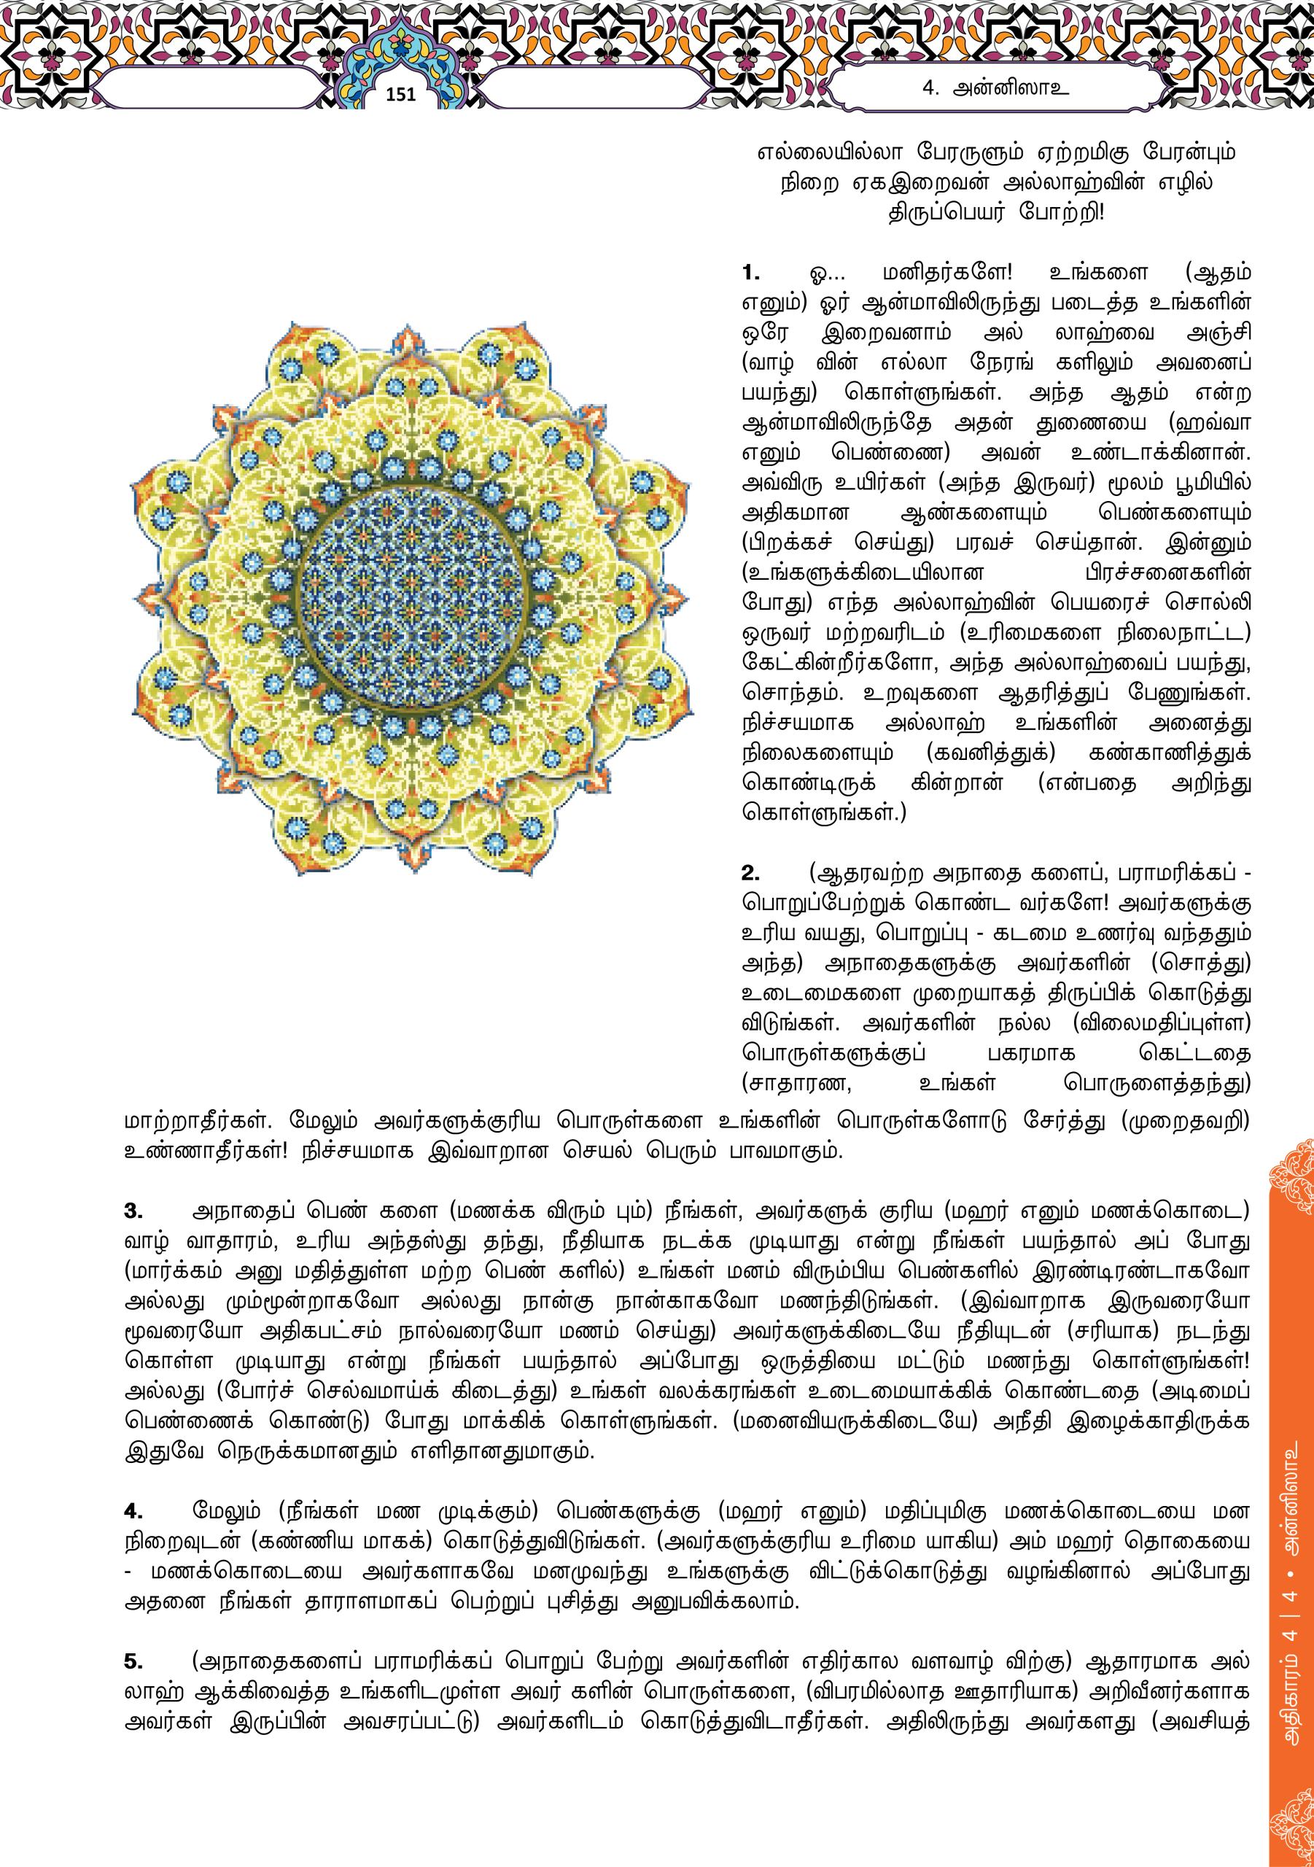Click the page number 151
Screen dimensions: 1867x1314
tap(400, 95)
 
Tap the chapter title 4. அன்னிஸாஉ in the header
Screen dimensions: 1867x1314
tap(995, 88)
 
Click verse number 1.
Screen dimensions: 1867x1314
tap(750, 273)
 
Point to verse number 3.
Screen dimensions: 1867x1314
tap(133, 1211)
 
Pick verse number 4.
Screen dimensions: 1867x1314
tap(133, 1512)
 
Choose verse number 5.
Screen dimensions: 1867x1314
tap(133, 1662)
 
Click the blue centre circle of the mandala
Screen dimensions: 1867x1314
tap(411, 598)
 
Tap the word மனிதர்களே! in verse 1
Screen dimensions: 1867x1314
tap(947, 273)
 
